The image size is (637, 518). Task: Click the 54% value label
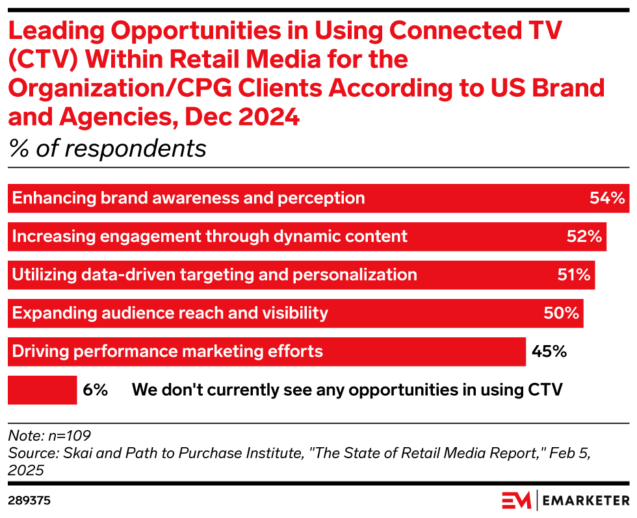[606, 198]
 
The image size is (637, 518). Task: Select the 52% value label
[584, 237]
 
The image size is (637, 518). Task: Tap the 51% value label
[573, 275]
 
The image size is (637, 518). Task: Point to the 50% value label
[561, 313]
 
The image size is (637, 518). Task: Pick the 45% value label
[549, 352]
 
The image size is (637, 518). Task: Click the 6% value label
[95, 390]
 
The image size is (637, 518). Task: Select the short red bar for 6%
[42, 390]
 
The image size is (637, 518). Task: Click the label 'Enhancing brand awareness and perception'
[188, 198]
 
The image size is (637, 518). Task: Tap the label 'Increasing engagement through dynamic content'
[210, 237]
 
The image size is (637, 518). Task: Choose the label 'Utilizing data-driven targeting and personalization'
[214, 275]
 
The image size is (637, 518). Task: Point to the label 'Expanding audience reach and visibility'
[170, 313]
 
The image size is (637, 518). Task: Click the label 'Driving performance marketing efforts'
[168, 352]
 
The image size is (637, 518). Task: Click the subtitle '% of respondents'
[107, 149]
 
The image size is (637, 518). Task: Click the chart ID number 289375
[30, 500]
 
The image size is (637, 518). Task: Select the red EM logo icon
[517, 500]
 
